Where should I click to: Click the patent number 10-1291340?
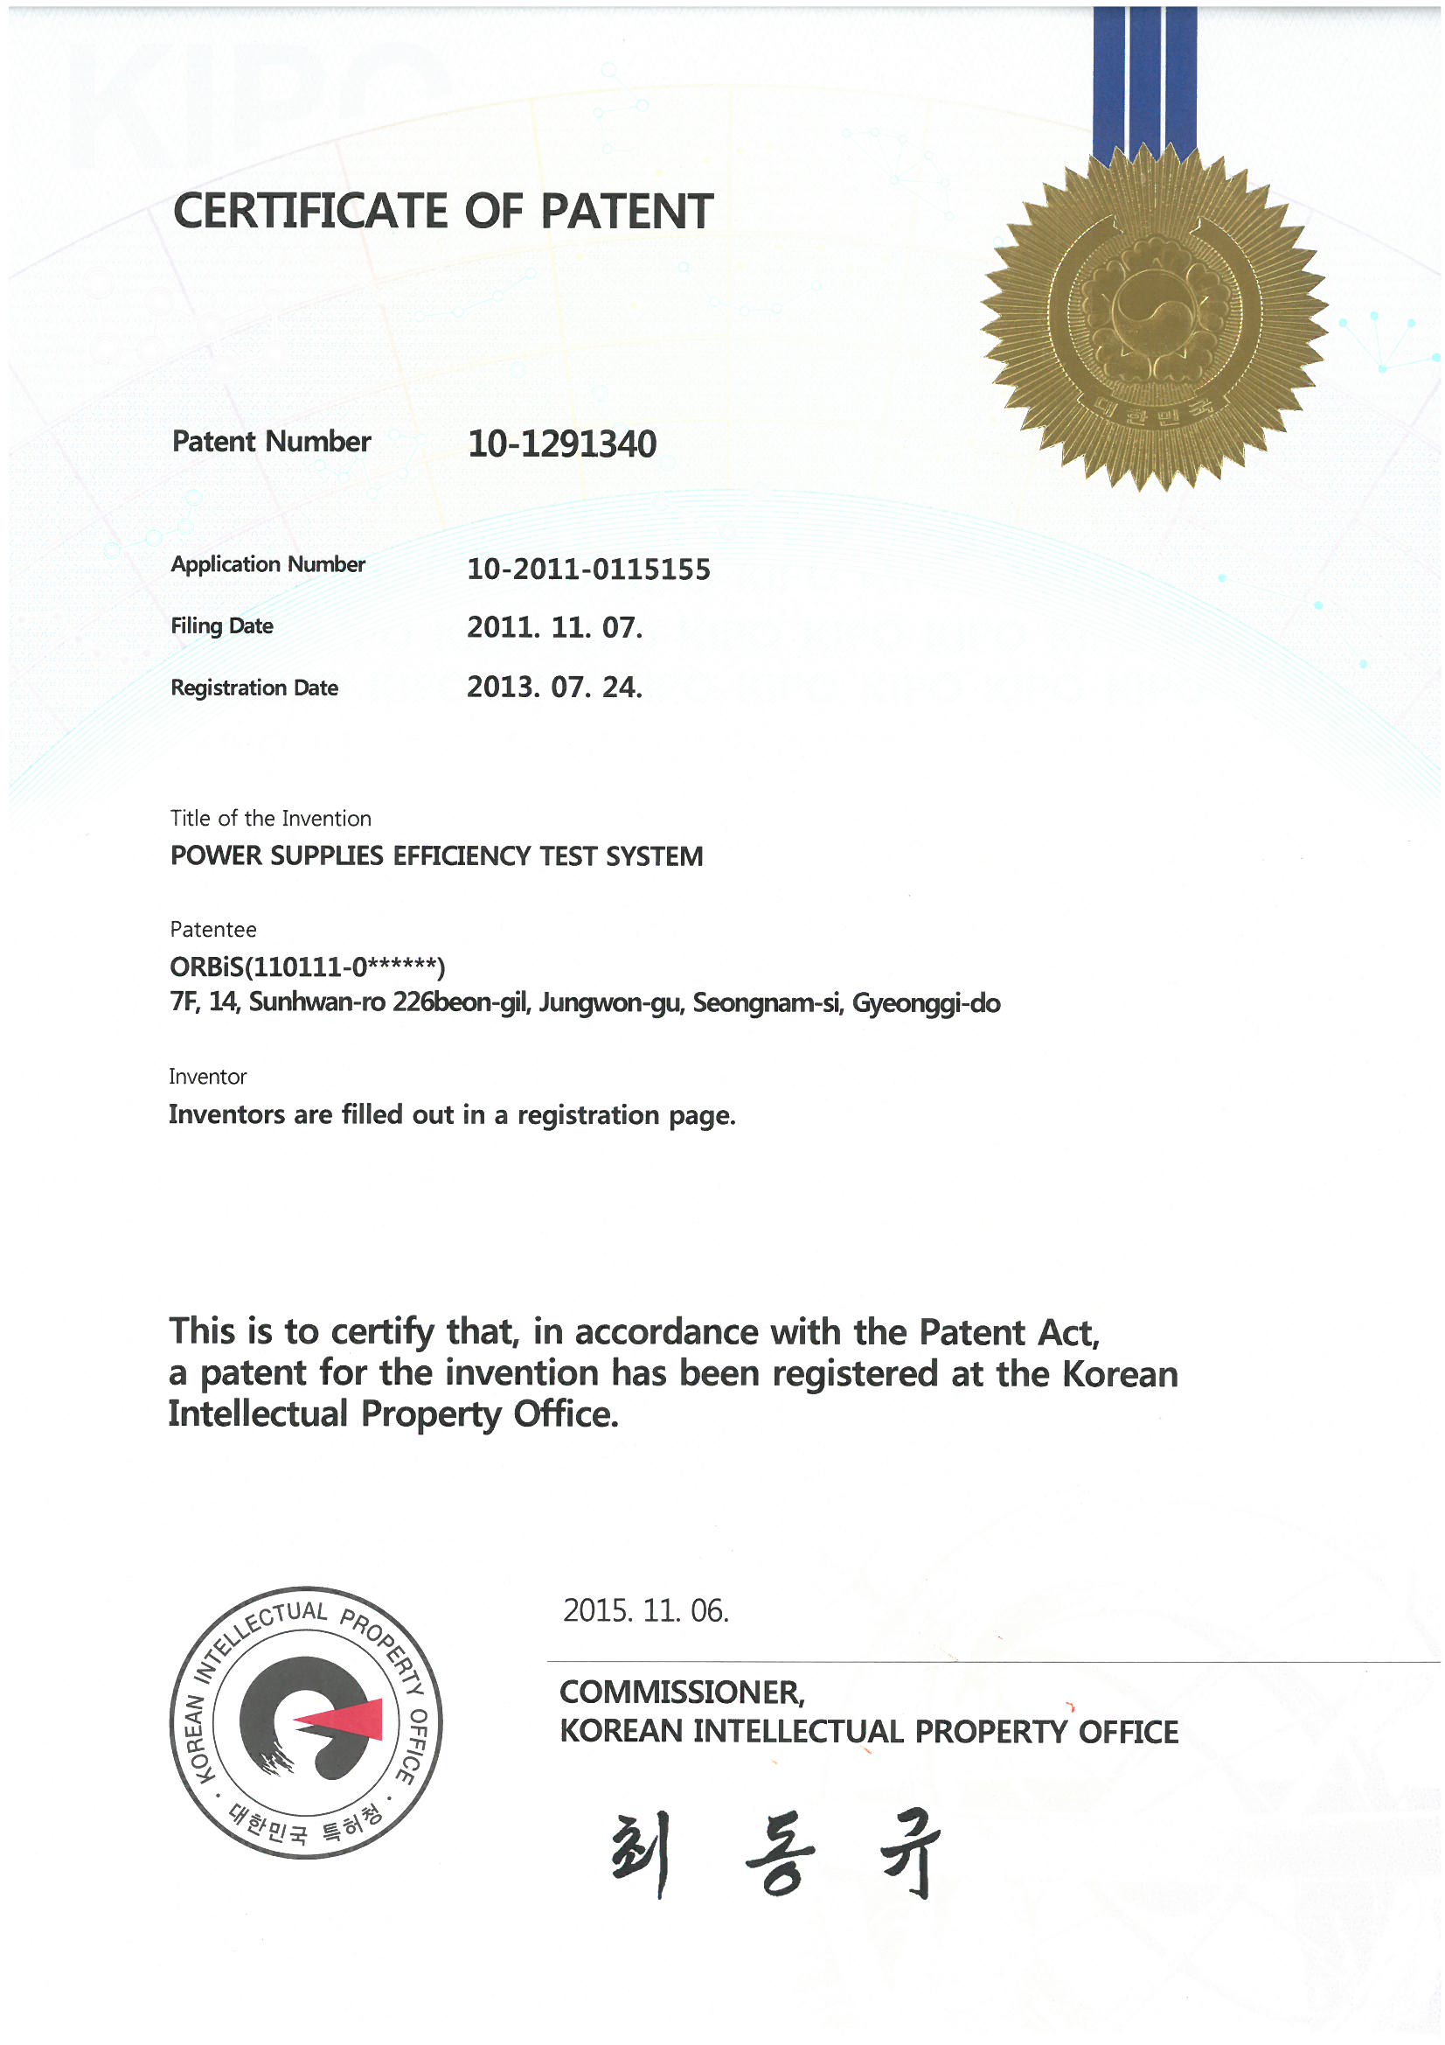pyautogui.click(x=562, y=443)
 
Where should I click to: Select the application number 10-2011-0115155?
pyautogui.click(x=588, y=569)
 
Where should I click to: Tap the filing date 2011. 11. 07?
pyautogui.click(x=553, y=627)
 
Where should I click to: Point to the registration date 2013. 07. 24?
pyautogui.click(x=553, y=687)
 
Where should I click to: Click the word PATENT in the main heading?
pyautogui.click(x=627, y=211)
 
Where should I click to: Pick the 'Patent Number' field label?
pyautogui.click(x=271, y=442)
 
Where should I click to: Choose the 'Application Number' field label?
pyautogui.click(x=268, y=565)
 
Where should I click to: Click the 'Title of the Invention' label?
pyautogui.click(x=271, y=818)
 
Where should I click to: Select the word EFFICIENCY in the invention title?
pyautogui.click(x=462, y=856)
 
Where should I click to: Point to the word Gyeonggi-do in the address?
pyautogui.click(x=926, y=1004)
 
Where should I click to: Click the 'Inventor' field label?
pyautogui.click(x=207, y=1076)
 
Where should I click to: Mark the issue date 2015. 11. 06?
pyautogui.click(x=645, y=1610)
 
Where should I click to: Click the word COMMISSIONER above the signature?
pyautogui.click(x=681, y=1693)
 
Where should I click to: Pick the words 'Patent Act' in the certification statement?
pyautogui.click(x=1009, y=1332)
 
